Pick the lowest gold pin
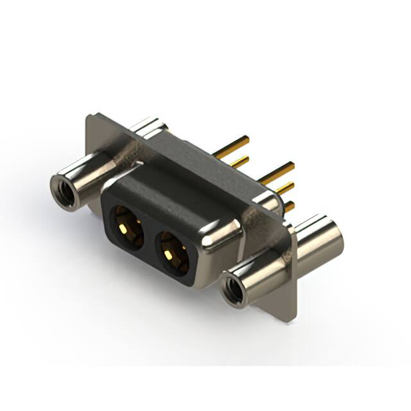point(289,206)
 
